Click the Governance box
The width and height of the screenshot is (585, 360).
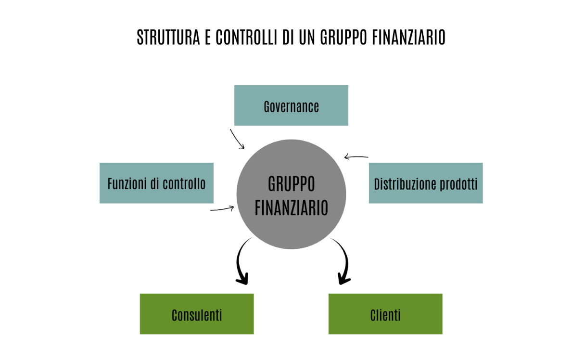click(x=291, y=105)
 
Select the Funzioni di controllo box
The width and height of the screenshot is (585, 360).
click(x=156, y=183)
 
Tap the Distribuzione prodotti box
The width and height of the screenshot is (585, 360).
click(x=426, y=183)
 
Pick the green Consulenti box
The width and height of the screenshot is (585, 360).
click(x=197, y=314)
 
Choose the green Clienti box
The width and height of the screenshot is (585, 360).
click(x=385, y=314)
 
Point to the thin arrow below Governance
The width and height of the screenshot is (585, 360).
click(x=237, y=139)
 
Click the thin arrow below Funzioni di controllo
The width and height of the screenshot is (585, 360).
click(x=222, y=209)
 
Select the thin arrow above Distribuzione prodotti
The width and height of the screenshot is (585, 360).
click(x=356, y=157)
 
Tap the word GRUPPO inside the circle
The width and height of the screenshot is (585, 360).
click(x=291, y=184)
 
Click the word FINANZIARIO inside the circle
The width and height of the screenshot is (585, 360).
click(x=291, y=208)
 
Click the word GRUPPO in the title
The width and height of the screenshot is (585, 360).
click(x=344, y=38)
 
